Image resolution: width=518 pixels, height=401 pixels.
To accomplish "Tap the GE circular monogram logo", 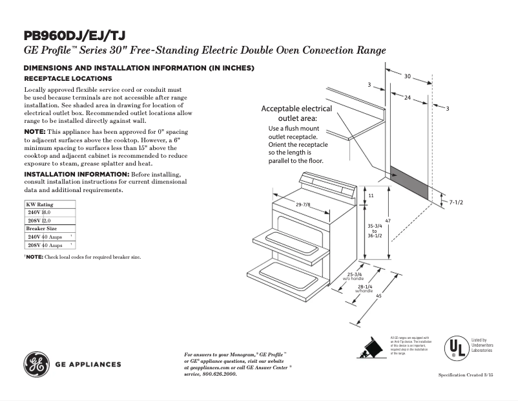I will tap(36, 364).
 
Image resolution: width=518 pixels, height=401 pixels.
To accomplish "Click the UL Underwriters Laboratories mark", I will tap(456, 349).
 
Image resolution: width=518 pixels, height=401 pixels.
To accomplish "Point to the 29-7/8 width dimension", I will tap(303, 205).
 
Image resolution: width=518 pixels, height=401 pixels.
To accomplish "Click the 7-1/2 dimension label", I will tap(456, 202).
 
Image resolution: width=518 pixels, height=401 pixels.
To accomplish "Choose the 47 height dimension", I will tap(388, 222).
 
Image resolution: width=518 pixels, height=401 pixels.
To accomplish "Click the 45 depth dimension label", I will tap(379, 297).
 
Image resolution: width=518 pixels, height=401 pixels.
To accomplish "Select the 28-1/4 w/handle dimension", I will tap(364, 288).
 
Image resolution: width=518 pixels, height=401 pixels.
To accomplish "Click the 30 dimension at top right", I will tap(407, 76).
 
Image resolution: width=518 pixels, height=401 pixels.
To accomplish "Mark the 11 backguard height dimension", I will tap(371, 195).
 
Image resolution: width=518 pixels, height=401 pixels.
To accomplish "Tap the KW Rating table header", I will tap(39, 204).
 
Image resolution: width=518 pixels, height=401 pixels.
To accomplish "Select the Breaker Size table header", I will tap(41, 229).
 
